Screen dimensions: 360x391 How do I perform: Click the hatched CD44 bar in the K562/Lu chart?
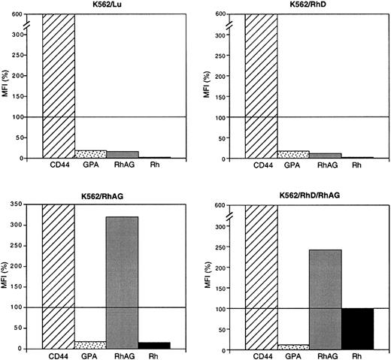click(x=59, y=86)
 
